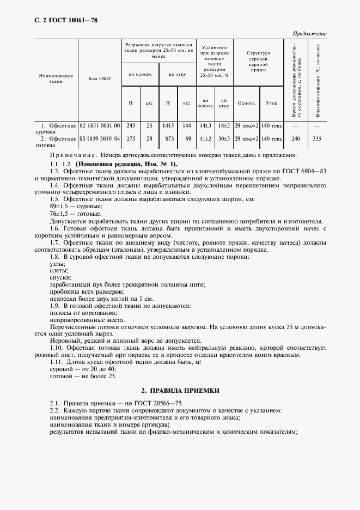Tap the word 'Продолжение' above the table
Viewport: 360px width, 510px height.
(x=309, y=34)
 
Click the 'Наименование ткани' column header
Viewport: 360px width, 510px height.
(x=56, y=78)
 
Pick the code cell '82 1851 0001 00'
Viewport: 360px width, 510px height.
(x=100, y=125)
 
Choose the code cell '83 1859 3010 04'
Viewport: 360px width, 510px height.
(x=100, y=139)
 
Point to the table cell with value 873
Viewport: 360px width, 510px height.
(x=169, y=139)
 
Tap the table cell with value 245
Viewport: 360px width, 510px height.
(x=131, y=125)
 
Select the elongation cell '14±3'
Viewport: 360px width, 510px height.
(x=205, y=125)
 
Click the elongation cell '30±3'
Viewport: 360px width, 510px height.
(x=223, y=139)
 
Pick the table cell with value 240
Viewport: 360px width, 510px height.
(x=296, y=139)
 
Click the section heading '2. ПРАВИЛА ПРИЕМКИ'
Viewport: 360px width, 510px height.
(x=180, y=391)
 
